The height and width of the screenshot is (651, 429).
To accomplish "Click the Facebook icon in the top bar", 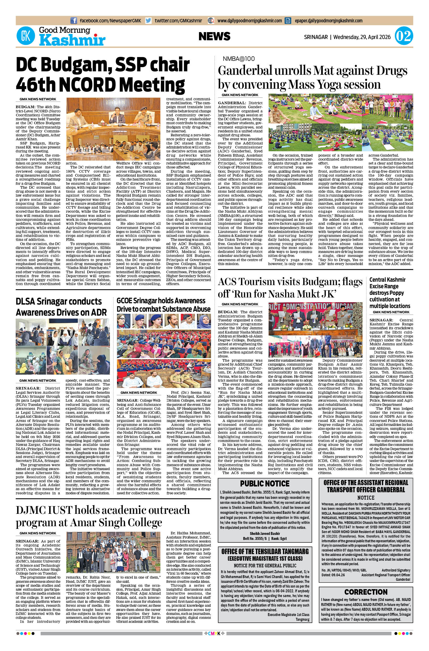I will tap(74, 21).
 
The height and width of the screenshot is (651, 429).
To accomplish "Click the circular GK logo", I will tap(26, 36).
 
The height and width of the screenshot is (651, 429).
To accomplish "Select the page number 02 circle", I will tap(404, 36).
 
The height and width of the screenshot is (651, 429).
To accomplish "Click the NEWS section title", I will tap(214, 36).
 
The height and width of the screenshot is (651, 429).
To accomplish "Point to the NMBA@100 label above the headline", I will tap(239, 59).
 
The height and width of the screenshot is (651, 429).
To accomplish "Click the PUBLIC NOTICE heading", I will tap(264, 484).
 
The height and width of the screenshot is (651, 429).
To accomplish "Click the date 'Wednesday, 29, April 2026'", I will tap(362, 37).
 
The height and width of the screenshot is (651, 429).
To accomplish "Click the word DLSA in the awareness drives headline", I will tap(27, 301).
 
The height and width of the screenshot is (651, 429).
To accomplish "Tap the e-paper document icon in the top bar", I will tap(288, 21).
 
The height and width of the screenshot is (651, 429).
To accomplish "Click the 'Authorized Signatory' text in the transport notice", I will tap(396, 570).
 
